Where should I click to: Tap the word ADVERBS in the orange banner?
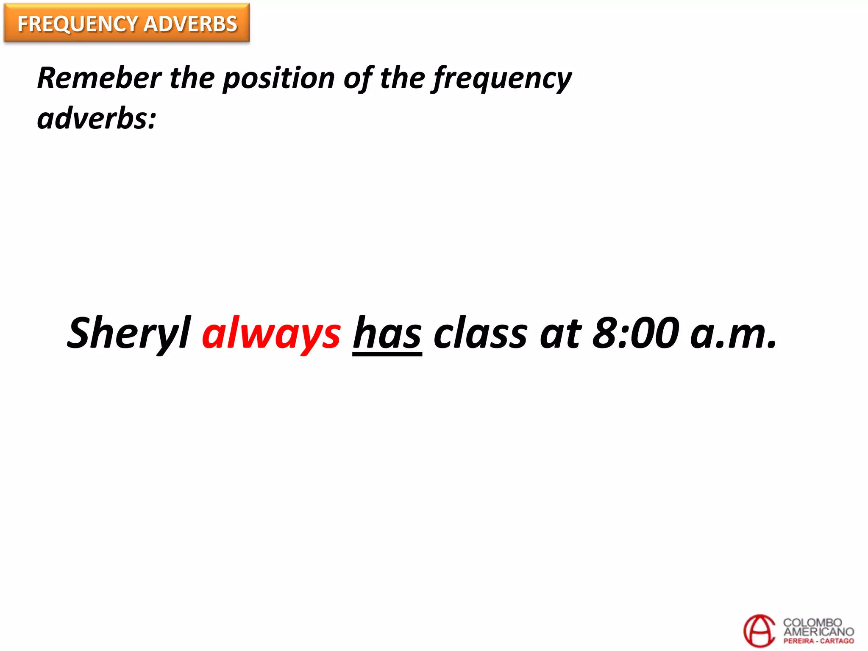pos(190,24)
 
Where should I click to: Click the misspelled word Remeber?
pos(99,78)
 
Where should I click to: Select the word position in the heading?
pos(279,78)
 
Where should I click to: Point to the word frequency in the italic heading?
pos(502,78)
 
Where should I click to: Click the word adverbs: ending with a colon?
pos(97,119)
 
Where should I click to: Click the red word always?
pos(271,334)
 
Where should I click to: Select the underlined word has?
pos(387,334)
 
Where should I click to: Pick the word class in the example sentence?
pos(481,334)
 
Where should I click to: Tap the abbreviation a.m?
pos(734,334)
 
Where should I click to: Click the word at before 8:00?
pos(560,334)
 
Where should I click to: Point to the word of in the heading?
pos(359,78)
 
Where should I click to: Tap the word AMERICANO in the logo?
pos(818,632)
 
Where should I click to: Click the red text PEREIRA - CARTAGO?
pos(818,641)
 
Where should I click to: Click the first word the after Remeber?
pos(192,78)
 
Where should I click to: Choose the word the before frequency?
pos(402,78)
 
